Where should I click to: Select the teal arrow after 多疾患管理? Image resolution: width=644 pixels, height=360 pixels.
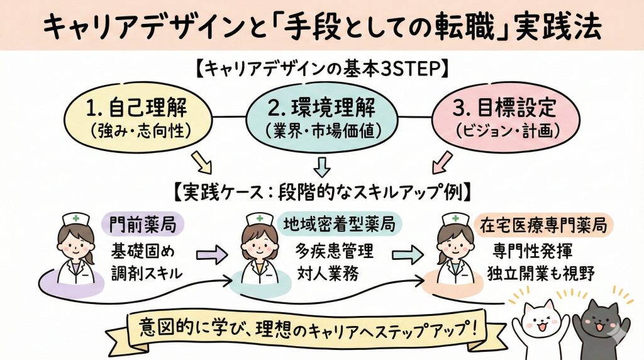(x=412, y=255)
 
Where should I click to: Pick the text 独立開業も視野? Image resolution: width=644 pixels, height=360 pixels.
(x=538, y=273)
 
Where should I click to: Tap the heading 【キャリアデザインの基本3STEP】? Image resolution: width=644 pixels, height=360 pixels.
(x=321, y=69)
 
